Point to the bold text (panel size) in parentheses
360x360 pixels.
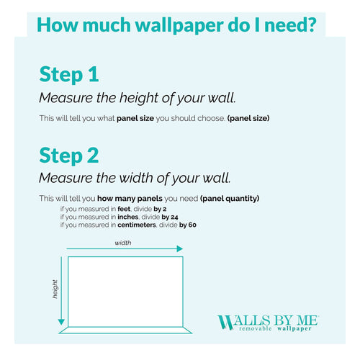coord(248,117)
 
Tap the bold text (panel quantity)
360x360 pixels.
coord(230,198)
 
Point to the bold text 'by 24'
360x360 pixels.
coord(170,217)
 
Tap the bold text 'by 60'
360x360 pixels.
coord(188,225)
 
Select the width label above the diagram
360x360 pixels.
coord(123,243)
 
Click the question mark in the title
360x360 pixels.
coord(310,24)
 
